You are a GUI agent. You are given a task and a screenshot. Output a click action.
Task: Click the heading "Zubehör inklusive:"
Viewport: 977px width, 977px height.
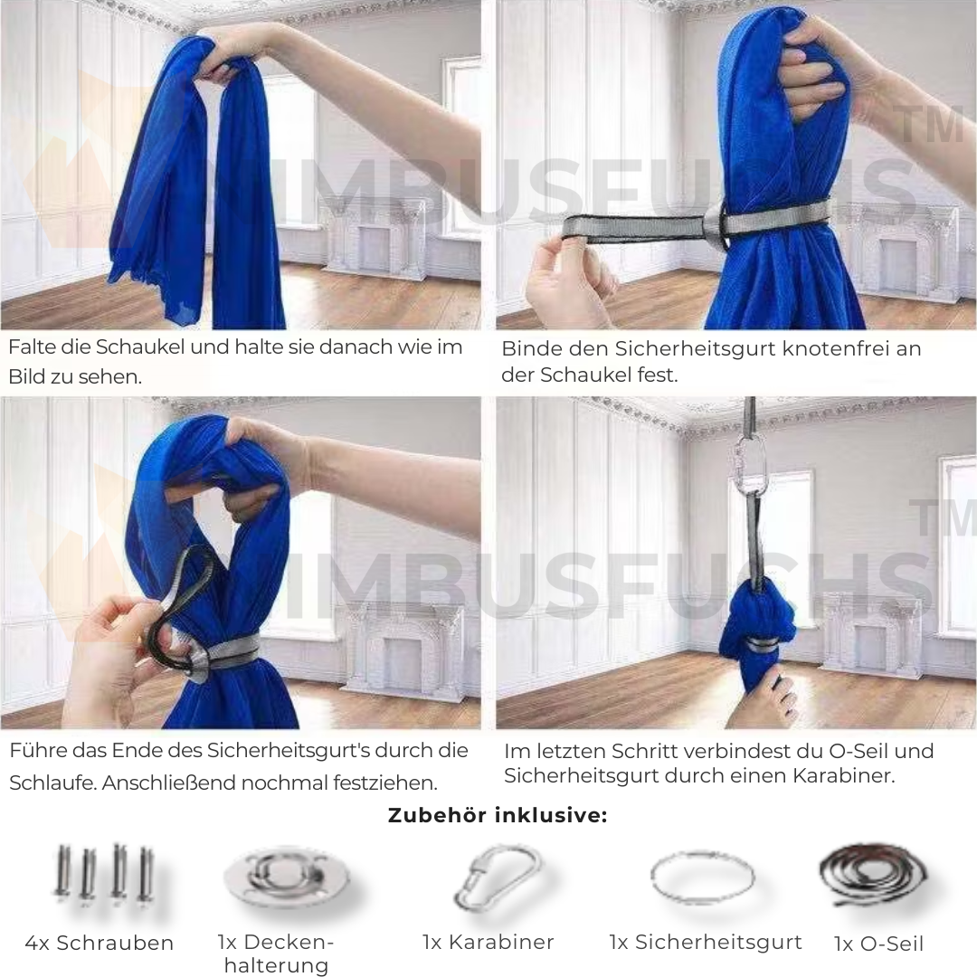[498, 815]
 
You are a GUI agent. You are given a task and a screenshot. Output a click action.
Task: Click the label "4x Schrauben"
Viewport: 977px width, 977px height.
[100, 943]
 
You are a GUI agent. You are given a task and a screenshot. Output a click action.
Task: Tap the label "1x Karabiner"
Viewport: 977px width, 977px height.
[488, 942]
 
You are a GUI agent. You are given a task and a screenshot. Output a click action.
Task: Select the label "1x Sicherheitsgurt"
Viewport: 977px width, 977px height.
[706, 942]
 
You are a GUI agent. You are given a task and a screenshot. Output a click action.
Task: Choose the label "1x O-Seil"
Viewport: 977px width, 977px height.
[878, 944]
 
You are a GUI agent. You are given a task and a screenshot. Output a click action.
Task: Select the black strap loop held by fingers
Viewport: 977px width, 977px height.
[181, 602]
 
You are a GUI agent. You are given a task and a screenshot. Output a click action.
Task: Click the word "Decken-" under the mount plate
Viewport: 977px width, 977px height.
[275, 942]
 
